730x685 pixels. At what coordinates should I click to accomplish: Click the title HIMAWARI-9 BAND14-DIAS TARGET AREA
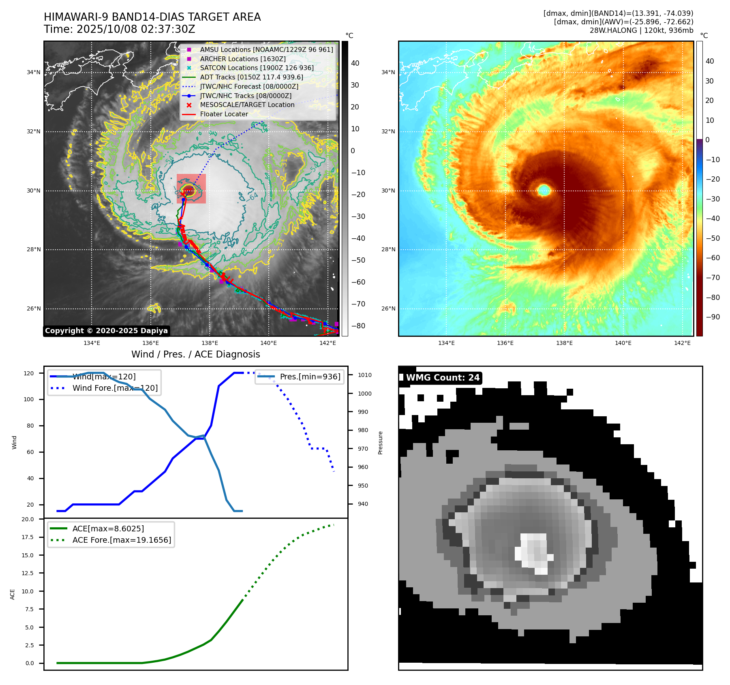click(152, 17)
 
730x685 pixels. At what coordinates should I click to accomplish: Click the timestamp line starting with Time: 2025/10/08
click(119, 29)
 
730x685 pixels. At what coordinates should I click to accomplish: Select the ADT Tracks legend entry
click(251, 77)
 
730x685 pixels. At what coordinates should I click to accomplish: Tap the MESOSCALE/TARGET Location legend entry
click(247, 105)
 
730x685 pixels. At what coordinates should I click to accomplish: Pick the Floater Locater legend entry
click(224, 114)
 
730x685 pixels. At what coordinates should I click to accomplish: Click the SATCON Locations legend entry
click(257, 68)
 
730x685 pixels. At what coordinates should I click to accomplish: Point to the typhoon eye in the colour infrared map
click(544, 190)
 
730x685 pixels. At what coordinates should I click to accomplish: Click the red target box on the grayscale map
click(191, 189)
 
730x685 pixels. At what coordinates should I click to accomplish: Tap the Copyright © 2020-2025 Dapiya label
click(106, 331)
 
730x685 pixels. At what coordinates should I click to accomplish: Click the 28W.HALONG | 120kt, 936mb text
click(641, 30)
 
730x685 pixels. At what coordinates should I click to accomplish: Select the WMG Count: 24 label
click(443, 378)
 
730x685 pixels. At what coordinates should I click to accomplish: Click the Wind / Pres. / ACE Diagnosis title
click(195, 354)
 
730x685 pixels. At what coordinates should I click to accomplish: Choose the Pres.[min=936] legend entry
click(310, 377)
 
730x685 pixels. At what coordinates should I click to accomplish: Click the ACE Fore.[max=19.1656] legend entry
click(122, 540)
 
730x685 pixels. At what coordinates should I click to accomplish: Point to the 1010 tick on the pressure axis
click(364, 375)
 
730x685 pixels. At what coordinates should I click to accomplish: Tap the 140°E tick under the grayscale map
click(268, 343)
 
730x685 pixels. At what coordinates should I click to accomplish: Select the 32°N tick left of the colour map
click(388, 131)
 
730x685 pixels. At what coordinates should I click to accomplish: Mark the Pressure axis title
click(380, 443)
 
